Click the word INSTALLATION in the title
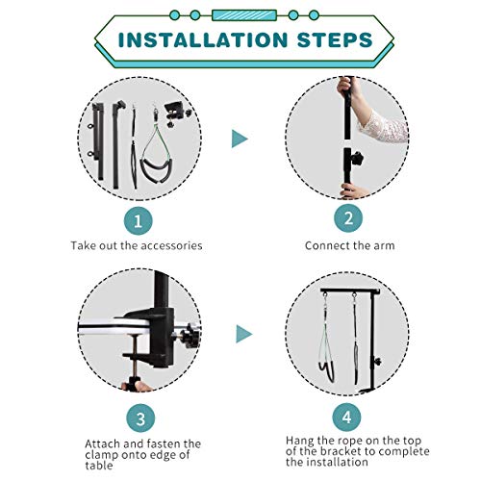(203, 40)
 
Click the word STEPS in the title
(335, 40)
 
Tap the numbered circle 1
(139, 221)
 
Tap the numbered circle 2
(348, 218)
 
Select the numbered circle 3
(140, 418)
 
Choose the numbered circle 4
(346, 418)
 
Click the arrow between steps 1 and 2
(240, 139)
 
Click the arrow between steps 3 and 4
(243, 334)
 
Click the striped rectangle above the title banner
(244, 15)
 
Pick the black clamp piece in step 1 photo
(177, 113)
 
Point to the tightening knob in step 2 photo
(357, 158)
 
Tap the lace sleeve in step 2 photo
(382, 126)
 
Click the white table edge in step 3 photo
(114, 328)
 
